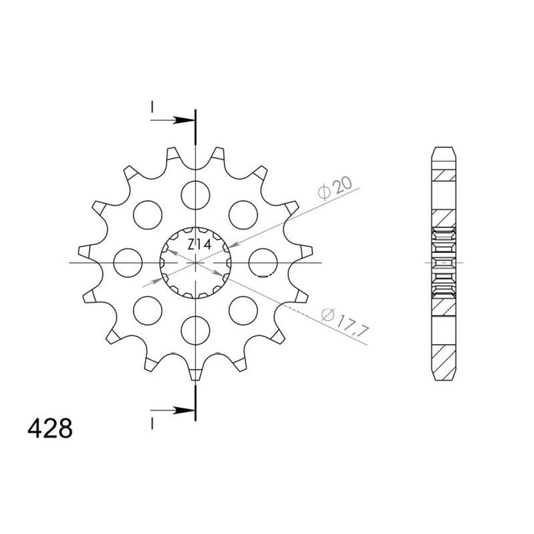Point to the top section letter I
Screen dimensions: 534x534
coord(151,109)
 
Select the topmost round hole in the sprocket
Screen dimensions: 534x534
coord(195,194)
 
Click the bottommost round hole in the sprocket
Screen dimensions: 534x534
coord(195,329)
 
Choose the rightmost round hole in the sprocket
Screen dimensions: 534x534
coord(263,262)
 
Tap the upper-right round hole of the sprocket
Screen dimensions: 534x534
coord(243,214)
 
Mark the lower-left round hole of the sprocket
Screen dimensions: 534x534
coord(148,309)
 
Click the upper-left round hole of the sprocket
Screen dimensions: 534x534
coord(148,214)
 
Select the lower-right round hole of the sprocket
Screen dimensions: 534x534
coord(243,309)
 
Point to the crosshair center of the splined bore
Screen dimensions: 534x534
coord(195,263)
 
